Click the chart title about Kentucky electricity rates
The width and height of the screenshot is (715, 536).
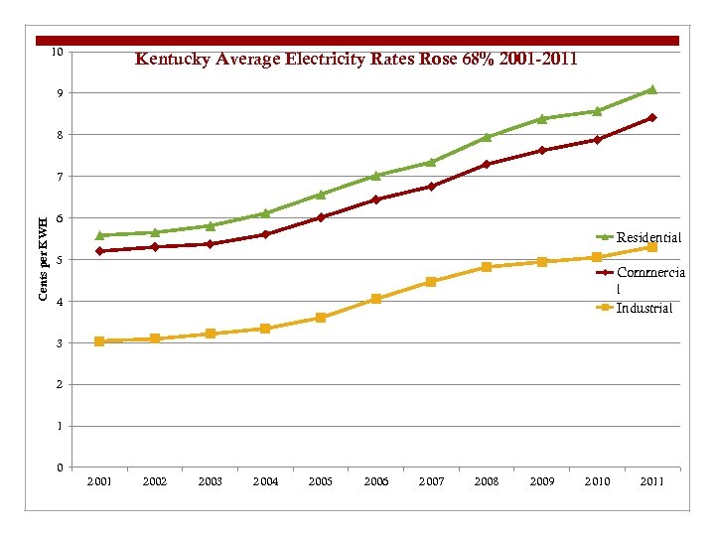(x=356, y=60)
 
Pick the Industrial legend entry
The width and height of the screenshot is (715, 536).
(x=643, y=308)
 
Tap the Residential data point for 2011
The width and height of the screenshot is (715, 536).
(x=651, y=89)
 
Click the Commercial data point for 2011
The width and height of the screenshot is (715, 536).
(x=651, y=118)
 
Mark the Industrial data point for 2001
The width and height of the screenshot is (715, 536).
(x=99, y=341)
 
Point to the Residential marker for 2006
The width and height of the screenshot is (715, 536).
(x=375, y=176)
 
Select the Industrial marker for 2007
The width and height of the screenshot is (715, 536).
(x=431, y=282)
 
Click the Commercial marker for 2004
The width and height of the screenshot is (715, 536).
(x=265, y=234)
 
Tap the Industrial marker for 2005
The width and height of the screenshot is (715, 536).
(x=321, y=318)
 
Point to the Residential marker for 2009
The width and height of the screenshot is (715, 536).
(x=541, y=119)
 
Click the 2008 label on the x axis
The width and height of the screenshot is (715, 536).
(x=487, y=481)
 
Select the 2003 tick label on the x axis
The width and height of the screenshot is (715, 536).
(x=210, y=481)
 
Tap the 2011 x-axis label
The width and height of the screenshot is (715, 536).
(x=651, y=481)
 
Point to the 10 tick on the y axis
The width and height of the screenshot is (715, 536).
(x=58, y=51)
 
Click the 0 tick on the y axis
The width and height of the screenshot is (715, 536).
(x=60, y=468)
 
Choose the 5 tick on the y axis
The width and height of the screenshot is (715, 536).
(x=60, y=260)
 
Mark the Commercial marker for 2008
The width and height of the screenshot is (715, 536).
(x=487, y=165)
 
